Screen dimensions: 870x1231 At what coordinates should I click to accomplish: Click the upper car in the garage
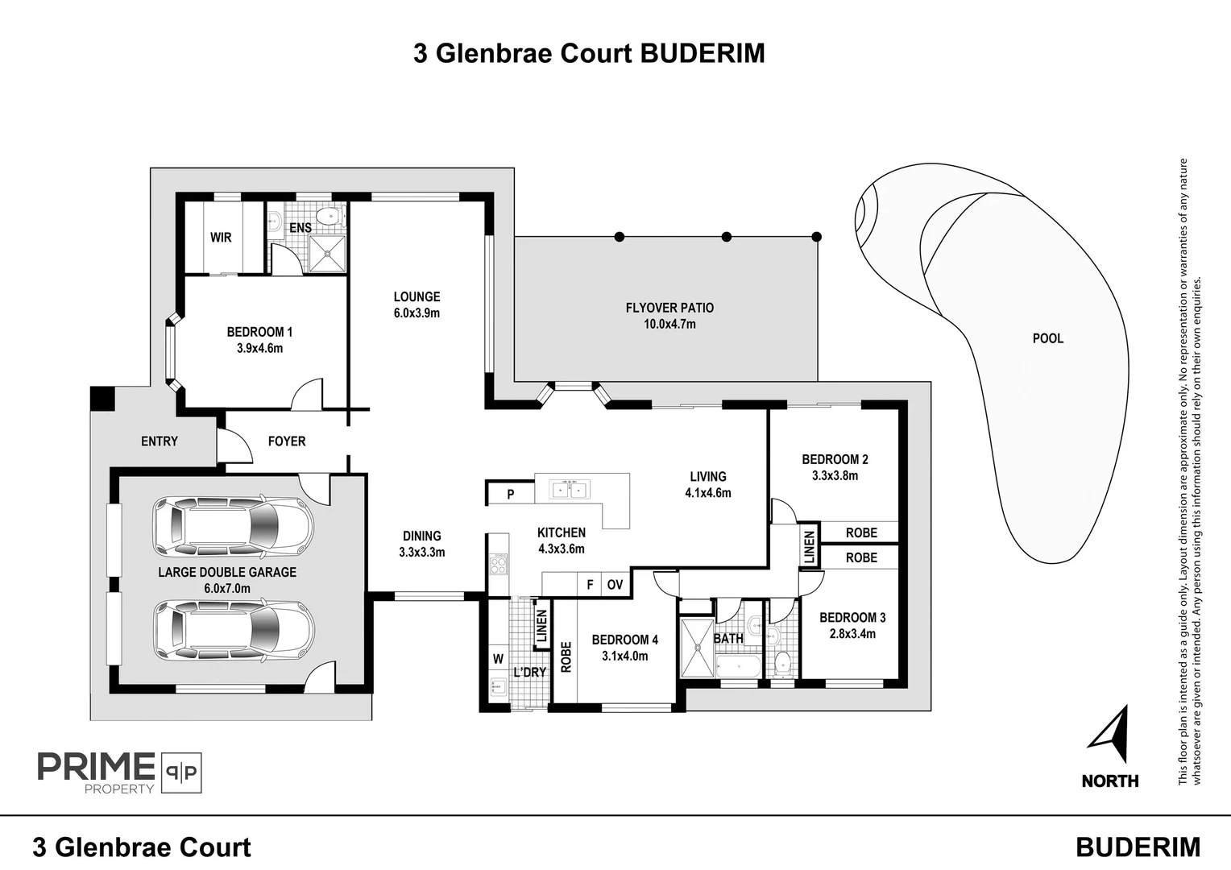234,528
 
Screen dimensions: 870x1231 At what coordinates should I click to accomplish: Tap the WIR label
221,238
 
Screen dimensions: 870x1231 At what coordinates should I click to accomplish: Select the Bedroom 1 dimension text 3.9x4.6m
259,349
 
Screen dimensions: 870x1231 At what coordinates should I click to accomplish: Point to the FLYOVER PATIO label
669,308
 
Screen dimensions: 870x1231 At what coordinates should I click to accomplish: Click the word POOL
1048,339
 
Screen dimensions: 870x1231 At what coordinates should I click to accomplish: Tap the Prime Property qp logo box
181,773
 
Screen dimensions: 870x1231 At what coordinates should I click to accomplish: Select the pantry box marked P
510,494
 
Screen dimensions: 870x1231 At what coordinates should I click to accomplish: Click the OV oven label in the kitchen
615,585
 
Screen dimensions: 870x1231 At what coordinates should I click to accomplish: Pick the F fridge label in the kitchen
590,585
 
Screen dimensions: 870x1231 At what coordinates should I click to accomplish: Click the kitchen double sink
570,489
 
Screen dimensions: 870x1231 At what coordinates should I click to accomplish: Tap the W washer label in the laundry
498,659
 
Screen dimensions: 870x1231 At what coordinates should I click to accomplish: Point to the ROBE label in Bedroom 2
861,532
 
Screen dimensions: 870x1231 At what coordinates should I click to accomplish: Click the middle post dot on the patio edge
726,237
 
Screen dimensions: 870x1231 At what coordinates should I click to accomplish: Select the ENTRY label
160,441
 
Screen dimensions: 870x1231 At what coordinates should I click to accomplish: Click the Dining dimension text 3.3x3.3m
421,553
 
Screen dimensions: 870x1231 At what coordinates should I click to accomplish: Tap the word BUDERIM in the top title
702,53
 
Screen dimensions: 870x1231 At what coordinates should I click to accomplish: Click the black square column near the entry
102,398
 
